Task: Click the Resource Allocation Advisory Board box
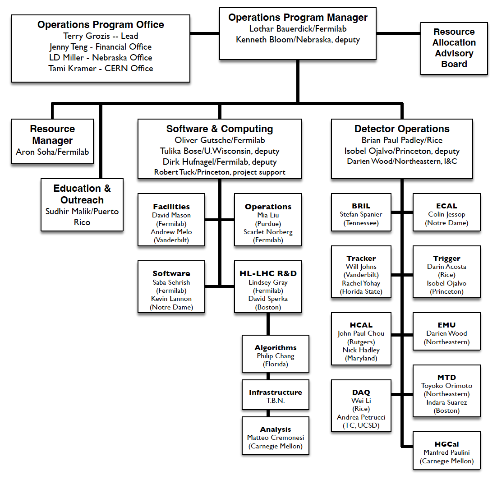tap(454, 49)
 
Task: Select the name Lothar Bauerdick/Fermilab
tap(298, 29)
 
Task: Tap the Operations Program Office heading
tap(101, 24)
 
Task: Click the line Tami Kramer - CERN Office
tap(101, 69)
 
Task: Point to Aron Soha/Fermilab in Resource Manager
tap(52, 152)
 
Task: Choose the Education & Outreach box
tap(82, 205)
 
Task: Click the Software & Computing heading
tap(220, 129)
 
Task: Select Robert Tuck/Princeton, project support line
tap(220, 172)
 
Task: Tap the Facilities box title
tap(171, 207)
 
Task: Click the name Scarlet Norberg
tap(268, 232)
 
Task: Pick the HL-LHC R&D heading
tap(268, 273)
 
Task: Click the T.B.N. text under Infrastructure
tap(276, 401)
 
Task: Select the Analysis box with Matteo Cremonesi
tap(276, 436)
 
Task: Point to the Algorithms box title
tap(276, 348)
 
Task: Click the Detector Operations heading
tap(402, 129)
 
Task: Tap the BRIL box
tap(361, 212)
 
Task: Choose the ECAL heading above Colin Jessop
tap(446, 206)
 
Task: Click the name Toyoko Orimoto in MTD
tap(446, 386)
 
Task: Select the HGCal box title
tap(446, 444)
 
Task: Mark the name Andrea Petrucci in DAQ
tap(361, 417)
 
